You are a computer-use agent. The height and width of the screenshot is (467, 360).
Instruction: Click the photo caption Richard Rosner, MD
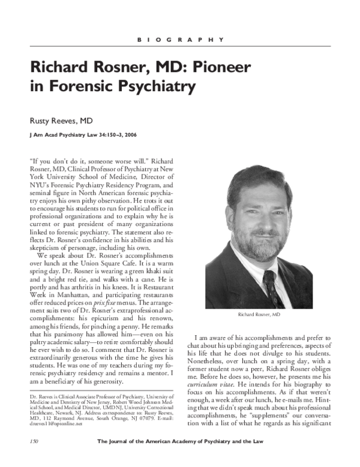tap(258, 315)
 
